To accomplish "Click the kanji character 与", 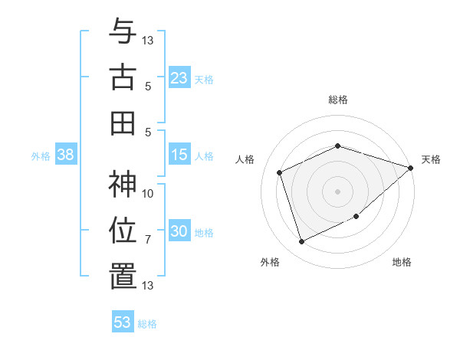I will click(123, 33).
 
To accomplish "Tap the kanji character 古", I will click(123, 77).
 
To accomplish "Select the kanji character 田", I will click(123, 123).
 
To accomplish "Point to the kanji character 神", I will click(123, 185).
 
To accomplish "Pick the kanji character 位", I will click(123, 231).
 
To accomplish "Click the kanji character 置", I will click(123, 277).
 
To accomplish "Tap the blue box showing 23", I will click(179, 77).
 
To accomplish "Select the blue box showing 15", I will click(179, 155).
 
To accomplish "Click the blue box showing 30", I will click(179, 231).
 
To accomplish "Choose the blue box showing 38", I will click(65, 155).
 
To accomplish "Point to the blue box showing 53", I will click(123, 322).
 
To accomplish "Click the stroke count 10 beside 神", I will click(148, 194).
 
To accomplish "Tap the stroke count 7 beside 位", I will click(148, 240).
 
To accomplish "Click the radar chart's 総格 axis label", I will click(337, 100).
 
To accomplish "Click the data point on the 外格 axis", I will click(301, 241).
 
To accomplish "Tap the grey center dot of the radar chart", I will click(337, 191).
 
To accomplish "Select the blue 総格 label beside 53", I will click(147, 324).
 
